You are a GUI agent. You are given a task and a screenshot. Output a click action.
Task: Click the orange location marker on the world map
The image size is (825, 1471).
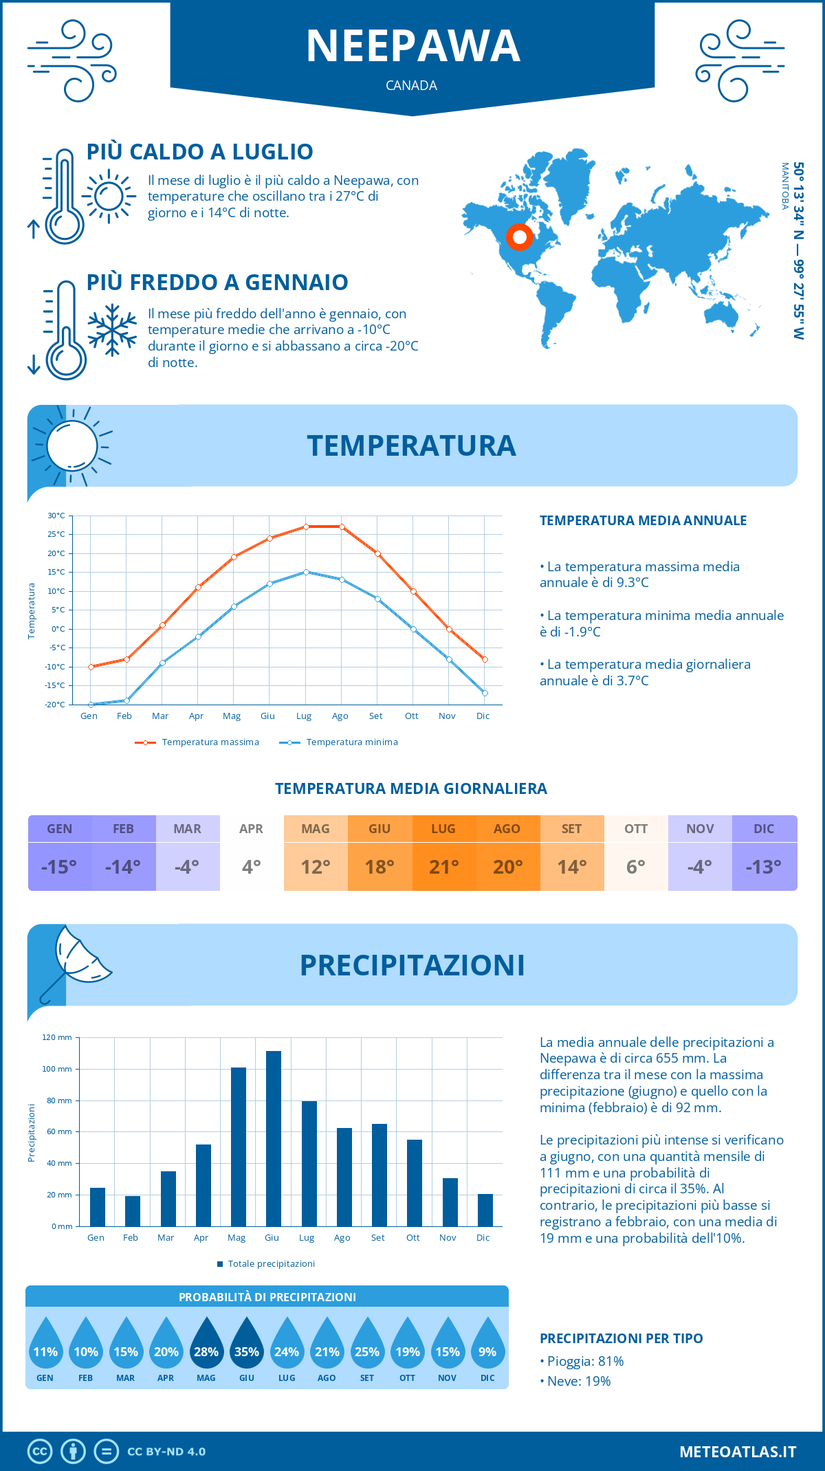coord(520,237)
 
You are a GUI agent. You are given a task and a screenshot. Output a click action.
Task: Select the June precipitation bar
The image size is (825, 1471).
coord(274,1138)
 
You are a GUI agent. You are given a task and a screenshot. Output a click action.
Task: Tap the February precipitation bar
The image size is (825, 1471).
coord(132,1211)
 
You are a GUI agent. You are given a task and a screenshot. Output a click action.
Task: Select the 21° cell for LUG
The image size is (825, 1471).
coord(443,867)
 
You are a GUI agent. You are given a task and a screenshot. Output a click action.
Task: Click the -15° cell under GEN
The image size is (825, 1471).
coord(59,867)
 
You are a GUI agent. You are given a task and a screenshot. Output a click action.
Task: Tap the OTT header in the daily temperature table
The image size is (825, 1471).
coord(636,828)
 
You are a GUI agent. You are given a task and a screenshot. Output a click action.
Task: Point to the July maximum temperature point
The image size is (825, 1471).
coord(306,527)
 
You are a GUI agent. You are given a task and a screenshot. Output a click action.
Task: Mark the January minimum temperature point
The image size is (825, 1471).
coord(91,705)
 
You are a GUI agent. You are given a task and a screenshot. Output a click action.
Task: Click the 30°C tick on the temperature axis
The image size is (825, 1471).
coord(56,516)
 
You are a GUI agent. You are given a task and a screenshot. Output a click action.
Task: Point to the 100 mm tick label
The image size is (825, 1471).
coord(56,1069)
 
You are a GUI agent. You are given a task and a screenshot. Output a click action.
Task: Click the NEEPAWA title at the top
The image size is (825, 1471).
coord(412,47)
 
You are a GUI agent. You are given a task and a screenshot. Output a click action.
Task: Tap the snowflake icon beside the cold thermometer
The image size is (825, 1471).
coord(112,330)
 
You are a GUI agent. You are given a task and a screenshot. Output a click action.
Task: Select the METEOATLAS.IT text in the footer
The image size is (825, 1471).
coord(737,1452)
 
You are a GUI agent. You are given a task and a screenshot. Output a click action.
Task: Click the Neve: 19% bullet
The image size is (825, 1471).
coord(578,1381)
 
